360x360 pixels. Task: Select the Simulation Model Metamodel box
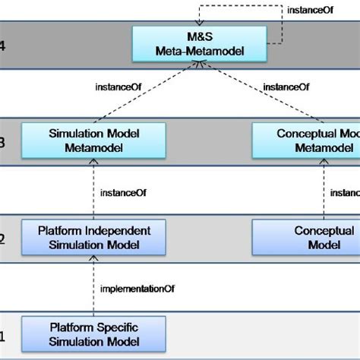(x=93, y=139)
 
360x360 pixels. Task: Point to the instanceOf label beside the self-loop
(x=308, y=11)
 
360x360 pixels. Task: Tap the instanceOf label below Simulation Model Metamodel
(x=123, y=191)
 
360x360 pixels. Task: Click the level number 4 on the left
(x=2, y=44)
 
